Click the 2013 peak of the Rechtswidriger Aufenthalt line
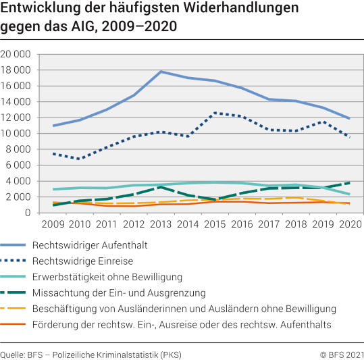(161, 72)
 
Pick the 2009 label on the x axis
(53, 223)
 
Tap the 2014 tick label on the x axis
(187, 223)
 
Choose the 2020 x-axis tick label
(349, 223)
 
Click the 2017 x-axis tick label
(268, 223)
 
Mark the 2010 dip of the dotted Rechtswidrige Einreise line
(80, 159)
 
